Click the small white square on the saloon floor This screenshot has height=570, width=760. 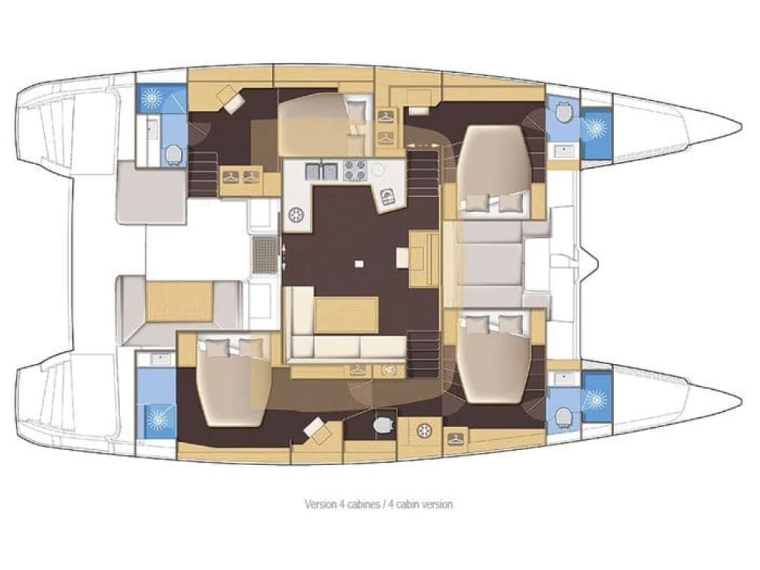[x=359, y=264]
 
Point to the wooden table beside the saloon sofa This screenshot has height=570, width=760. [x=346, y=315]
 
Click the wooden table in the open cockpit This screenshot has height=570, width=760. [x=179, y=301]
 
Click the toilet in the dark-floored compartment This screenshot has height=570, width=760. [x=384, y=423]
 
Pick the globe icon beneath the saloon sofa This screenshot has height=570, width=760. [x=387, y=370]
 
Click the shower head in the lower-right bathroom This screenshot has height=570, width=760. [x=596, y=397]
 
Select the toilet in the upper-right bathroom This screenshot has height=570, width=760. [x=563, y=112]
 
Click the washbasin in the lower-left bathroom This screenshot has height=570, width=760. [x=159, y=358]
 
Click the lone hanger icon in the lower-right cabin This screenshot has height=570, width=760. [x=454, y=439]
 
